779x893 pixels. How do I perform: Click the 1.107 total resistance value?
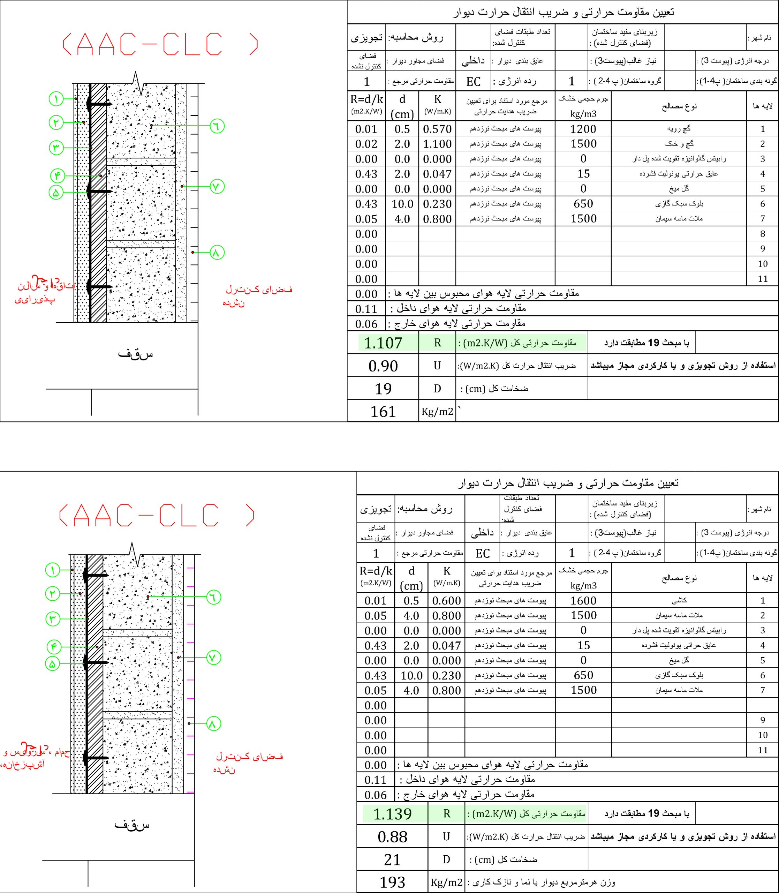click(x=383, y=343)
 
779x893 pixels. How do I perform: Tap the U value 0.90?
click(x=383, y=366)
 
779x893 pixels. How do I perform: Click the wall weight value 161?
click(x=383, y=411)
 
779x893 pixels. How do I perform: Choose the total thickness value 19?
click(x=383, y=389)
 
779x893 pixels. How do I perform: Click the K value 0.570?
click(x=437, y=129)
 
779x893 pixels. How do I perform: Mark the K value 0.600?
click(x=446, y=601)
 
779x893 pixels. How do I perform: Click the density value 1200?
click(x=583, y=129)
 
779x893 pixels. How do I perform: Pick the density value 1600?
click(x=583, y=601)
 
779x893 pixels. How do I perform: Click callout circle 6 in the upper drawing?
click(x=217, y=126)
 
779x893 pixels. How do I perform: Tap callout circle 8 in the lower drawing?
click(x=212, y=724)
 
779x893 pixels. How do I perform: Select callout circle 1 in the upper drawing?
click(x=56, y=99)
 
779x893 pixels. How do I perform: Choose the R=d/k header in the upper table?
click(x=366, y=100)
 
